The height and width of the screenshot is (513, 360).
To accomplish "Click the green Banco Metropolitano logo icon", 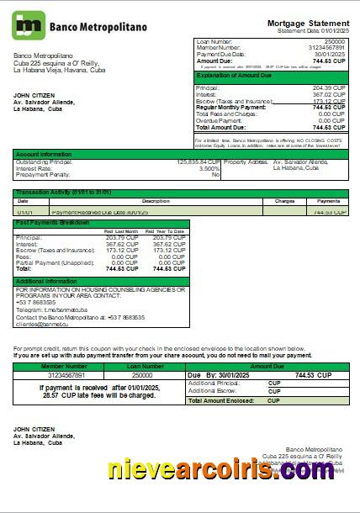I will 29,25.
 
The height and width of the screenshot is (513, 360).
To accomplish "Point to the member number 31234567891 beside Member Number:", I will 329,47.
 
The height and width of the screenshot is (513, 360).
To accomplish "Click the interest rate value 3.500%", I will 209,167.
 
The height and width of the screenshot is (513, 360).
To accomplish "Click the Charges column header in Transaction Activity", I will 284,201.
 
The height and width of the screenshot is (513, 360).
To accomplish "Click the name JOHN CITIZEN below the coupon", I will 34,430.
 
